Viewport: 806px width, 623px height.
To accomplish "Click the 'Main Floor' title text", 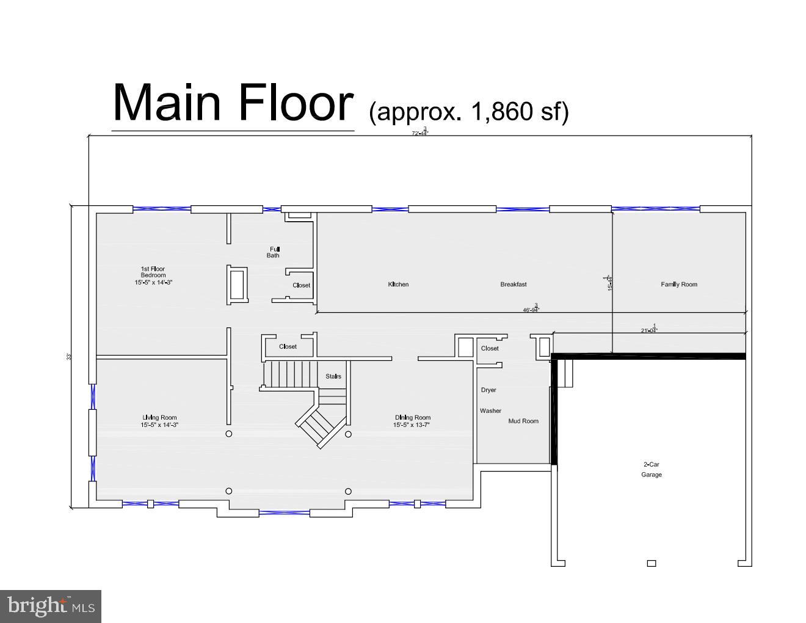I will click(x=233, y=102).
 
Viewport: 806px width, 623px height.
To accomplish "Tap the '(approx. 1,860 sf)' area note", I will click(x=468, y=112).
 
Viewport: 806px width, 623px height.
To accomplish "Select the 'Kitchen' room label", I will click(x=398, y=284).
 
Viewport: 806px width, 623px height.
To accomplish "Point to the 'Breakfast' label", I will click(x=513, y=284).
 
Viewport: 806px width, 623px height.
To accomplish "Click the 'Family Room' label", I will click(x=678, y=284).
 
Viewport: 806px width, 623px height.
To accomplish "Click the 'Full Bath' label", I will click(x=274, y=252).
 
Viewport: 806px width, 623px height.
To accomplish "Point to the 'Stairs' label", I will click(x=333, y=376).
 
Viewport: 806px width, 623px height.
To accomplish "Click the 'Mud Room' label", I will click(x=523, y=421).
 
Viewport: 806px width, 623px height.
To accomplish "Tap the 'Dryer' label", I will click(x=488, y=390).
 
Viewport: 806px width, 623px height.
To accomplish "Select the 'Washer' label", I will click(x=490, y=411).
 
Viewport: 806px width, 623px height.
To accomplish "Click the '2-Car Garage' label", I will click(x=651, y=469).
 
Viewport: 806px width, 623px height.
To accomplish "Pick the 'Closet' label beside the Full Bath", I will click(x=301, y=285).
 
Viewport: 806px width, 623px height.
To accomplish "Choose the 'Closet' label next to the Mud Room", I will click(x=490, y=348).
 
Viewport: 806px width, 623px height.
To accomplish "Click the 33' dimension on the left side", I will click(x=70, y=356).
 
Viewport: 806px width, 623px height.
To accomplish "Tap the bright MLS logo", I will click(x=51, y=606).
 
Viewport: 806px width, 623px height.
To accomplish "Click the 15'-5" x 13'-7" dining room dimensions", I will click(x=412, y=425).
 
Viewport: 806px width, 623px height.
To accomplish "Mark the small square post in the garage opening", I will click(x=651, y=563).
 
